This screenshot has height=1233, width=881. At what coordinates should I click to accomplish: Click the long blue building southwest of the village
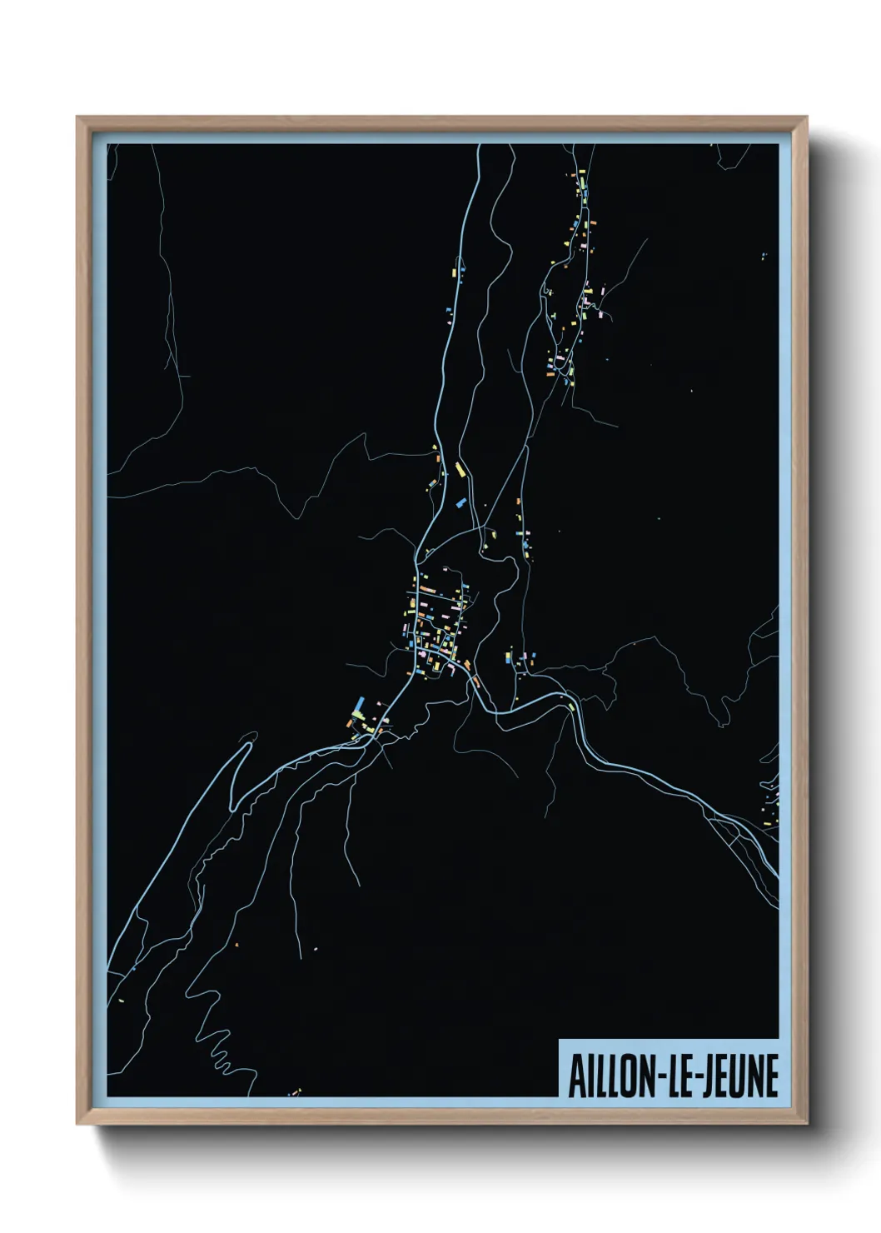(x=359, y=706)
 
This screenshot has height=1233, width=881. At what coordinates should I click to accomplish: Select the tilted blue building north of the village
(x=459, y=502)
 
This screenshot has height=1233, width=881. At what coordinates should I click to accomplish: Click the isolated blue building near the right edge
(x=763, y=257)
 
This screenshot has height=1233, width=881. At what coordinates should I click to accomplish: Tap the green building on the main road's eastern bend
(x=571, y=707)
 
